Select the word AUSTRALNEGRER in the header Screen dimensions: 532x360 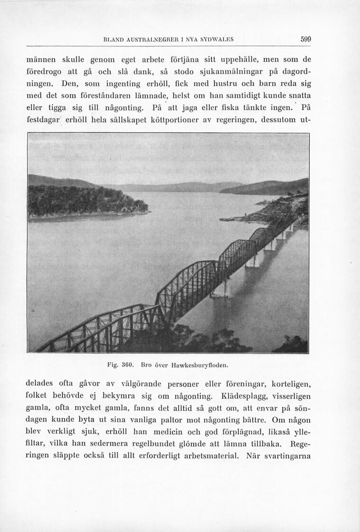[151, 40]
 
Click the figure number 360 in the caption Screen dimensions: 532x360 [131, 365]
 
